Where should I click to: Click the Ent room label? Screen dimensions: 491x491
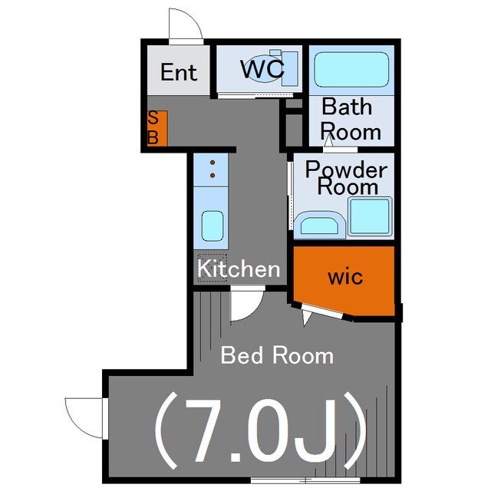click(179, 72)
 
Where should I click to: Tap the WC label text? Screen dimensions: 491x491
click(262, 69)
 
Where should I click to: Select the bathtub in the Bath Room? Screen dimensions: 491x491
click(351, 70)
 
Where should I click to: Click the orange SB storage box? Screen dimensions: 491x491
click(157, 128)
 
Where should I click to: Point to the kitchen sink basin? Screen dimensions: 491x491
click(213, 226)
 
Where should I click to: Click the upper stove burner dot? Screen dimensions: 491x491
click(213, 163)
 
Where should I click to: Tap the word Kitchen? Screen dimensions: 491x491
click(239, 269)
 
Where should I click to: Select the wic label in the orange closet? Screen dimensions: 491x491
click(345, 277)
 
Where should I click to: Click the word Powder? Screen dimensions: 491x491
click(346, 170)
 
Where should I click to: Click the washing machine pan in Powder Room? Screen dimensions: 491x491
click(370, 216)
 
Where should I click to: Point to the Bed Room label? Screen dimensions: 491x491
click(277, 355)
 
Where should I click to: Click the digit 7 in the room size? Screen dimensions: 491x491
click(205, 430)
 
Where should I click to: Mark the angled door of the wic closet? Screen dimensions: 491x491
click(322, 311)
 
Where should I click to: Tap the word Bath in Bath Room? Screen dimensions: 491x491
click(347, 107)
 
